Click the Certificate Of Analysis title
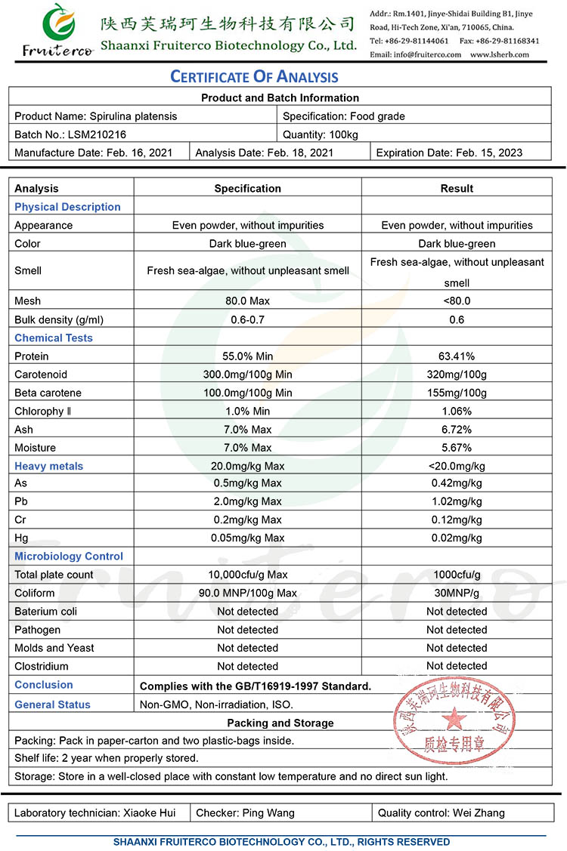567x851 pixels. [254, 76]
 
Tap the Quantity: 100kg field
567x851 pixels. [321, 134]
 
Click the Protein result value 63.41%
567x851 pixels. [457, 356]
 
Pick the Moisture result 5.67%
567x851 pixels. [457, 448]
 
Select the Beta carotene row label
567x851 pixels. [48, 393]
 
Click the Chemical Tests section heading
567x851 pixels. [54, 338]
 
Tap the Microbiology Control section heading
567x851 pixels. [69, 557]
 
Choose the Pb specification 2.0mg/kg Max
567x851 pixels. [248, 501]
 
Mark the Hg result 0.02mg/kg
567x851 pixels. [457, 538]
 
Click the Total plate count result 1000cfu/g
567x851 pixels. [457, 575]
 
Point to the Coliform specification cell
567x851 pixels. [248, 593]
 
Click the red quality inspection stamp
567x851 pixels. [455, 721]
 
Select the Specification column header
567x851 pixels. [248, 189]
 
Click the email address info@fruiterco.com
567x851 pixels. [415, 54]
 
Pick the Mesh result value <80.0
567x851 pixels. [457, 301]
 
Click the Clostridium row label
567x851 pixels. [42, 666]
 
